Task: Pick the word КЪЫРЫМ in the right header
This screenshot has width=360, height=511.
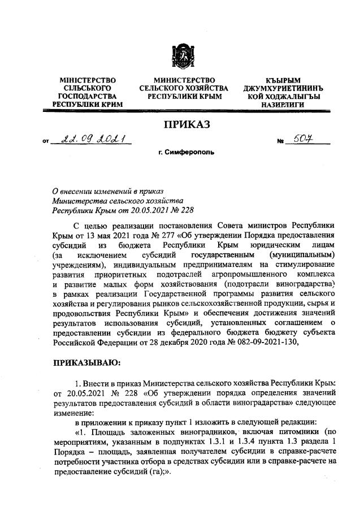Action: pos(283,81)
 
